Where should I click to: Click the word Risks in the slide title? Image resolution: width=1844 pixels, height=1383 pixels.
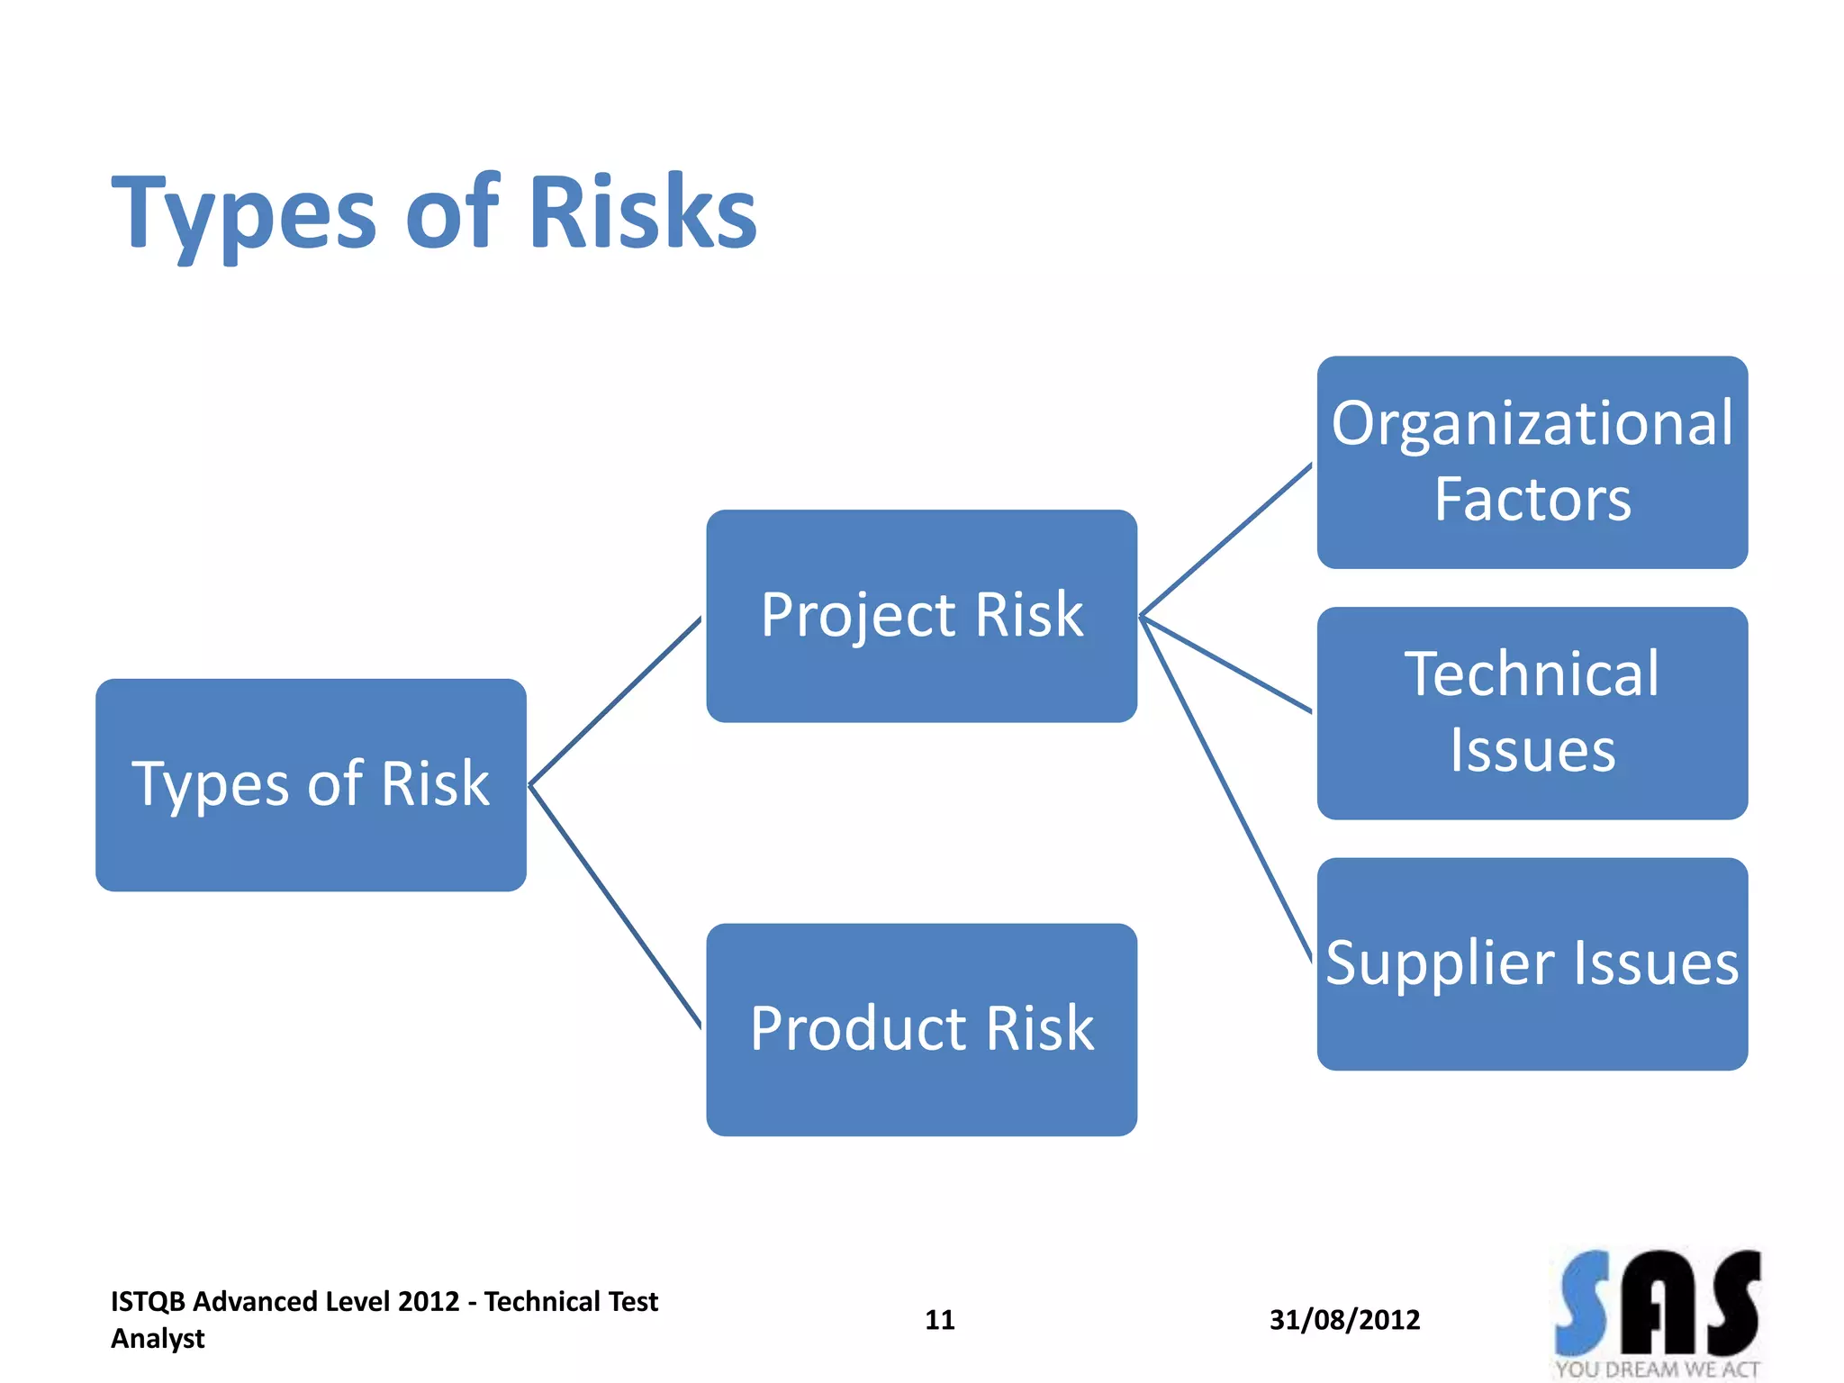pos(641,212)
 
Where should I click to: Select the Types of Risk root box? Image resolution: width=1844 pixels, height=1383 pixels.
pos(311,784)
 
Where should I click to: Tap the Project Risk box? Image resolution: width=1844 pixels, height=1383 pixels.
pos(921,616)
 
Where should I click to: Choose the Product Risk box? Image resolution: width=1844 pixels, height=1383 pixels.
pos(921,1029)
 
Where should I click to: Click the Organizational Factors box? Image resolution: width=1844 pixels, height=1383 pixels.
pos(1532,462)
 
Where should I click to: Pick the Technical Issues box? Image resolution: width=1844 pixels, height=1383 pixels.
pos(1532,712)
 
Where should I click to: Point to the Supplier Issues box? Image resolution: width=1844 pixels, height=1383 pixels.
pos(1532,963)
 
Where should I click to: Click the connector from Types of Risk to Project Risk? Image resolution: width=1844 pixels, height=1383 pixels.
pos(615,701)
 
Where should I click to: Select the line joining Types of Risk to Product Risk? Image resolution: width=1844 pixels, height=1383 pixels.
pos(615,906)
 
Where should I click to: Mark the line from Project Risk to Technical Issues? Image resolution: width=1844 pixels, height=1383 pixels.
pos(1226,664)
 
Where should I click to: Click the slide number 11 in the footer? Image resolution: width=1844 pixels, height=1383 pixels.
pos(939,1320)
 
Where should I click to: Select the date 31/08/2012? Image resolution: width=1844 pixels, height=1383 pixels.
pos(1344,1320)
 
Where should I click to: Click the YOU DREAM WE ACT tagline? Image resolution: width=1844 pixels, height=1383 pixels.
pos(1657,1369)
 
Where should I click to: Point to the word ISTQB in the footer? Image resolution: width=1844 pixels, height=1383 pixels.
pos(148,1302)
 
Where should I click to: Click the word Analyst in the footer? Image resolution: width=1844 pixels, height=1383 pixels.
pos(158,1339)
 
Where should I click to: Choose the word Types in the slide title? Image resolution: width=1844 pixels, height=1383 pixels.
pos(244,214)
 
